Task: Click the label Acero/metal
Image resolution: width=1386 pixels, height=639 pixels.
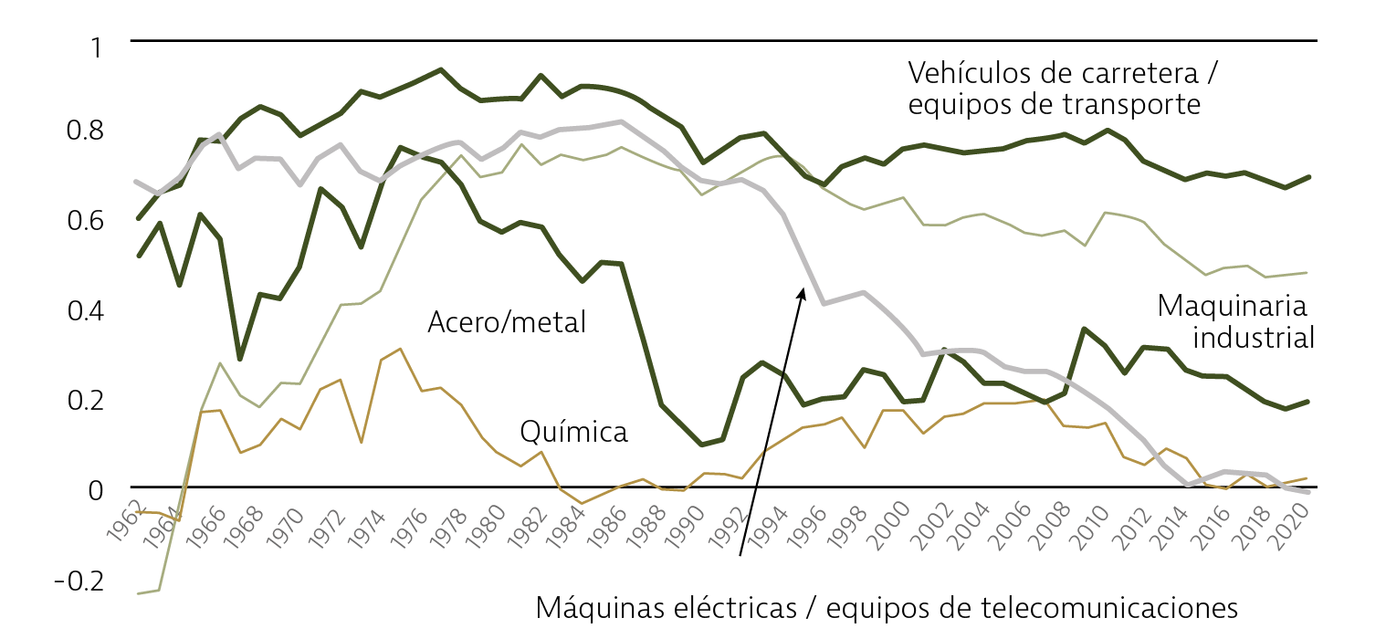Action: point(506,322)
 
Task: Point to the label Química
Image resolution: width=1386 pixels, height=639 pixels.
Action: point(573,431)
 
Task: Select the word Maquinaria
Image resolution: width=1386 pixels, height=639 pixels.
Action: point(1232,306)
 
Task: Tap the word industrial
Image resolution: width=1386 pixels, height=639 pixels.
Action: point(1254,339)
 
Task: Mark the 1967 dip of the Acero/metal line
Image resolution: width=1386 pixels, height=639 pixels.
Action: point(239,359)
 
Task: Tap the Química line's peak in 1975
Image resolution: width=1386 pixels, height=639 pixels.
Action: point(399,349)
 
